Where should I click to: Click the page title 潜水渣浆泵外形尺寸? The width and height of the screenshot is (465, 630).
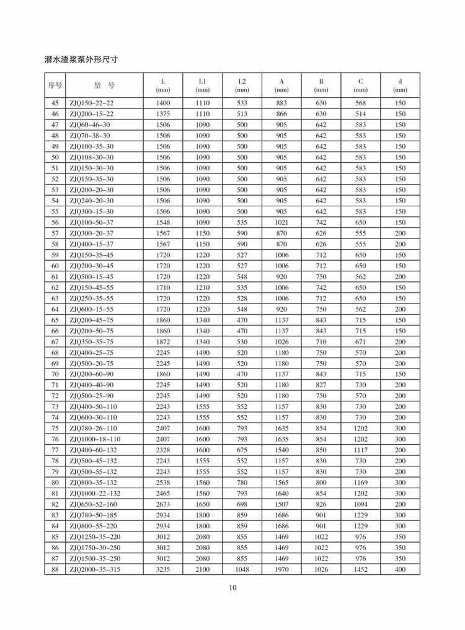point(81,60)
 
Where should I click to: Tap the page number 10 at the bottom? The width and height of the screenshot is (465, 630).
point(232,587)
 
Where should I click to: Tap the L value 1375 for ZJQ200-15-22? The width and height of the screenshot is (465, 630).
point(163,114)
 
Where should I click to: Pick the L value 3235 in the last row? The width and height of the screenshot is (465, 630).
point(163,569)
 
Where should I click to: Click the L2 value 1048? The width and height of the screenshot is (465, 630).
point(242,569)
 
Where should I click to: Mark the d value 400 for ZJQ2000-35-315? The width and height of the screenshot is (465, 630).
point(400,569)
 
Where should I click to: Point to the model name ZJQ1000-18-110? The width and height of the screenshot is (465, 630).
point(95,439)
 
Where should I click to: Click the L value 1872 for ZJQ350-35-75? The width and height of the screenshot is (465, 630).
point(163,342)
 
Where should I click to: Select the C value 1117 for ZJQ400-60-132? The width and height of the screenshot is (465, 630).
point(360,450)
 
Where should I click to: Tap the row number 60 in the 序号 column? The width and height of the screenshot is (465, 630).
point(55,266)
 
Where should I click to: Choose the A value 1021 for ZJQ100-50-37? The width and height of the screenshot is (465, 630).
point(281,222)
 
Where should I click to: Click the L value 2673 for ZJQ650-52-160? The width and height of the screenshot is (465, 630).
point(163,504)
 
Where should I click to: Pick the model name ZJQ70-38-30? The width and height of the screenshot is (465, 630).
point(89,136)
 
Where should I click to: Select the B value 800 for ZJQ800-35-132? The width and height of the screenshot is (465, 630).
point(321,483)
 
